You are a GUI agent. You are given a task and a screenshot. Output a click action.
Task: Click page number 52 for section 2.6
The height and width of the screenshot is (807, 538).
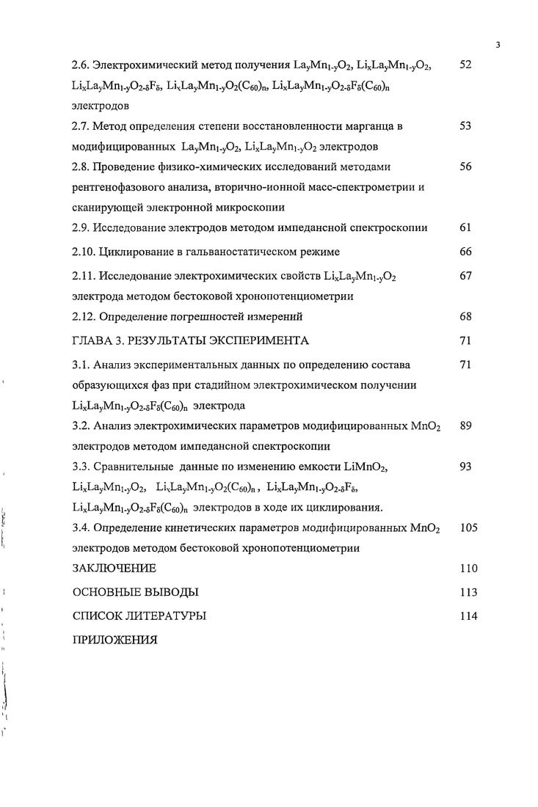point(465,66)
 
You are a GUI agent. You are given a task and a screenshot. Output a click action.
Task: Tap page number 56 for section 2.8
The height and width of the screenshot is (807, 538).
point(465,167)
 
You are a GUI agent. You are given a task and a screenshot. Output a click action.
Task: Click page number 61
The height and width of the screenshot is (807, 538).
point(465,227)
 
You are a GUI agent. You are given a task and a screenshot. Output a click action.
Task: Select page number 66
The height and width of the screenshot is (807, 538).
point(465,252)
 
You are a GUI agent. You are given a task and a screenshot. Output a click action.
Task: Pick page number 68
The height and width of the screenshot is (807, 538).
point(465,316)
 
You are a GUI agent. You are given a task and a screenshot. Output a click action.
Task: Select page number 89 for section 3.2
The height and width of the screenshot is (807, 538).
point(465,426)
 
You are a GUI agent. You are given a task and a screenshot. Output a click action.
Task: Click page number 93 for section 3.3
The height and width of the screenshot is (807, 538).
point(465,467)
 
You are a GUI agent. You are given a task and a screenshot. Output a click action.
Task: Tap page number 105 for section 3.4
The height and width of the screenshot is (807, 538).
point(468,527)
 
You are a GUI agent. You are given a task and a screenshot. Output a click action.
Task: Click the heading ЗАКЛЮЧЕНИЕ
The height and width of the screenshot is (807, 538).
point(114,568)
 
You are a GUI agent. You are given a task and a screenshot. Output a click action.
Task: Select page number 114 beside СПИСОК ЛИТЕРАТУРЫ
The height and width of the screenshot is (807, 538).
point(468,616)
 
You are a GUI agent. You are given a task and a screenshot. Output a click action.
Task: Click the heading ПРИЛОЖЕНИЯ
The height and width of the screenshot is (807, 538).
point(114,639)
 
